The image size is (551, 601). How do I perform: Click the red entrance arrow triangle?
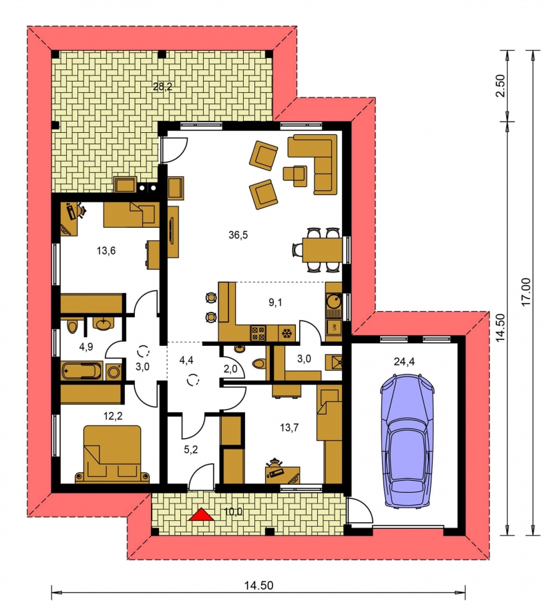(x=202, y=515)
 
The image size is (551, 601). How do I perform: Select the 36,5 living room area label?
(x=238, y=235)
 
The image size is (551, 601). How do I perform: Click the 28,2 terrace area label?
(x=162, y=87)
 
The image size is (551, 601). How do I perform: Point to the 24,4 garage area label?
(x=404, y=361)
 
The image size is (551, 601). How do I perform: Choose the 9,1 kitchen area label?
(x=275, y=303)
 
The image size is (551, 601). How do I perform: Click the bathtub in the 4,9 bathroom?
(x=82, y=371)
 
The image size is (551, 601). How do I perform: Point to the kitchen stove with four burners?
(x=258, y=333)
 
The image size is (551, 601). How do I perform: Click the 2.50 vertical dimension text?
(x=501, y=85)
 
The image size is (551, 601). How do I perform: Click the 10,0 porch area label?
(x=234, y=511)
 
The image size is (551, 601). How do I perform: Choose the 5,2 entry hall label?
(x=191, y=449)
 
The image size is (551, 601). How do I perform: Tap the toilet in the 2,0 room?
(x=259, y=364)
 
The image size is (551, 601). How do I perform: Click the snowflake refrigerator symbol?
(x=287, y=333)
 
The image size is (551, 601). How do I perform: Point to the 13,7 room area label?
(x=289, y=427)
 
